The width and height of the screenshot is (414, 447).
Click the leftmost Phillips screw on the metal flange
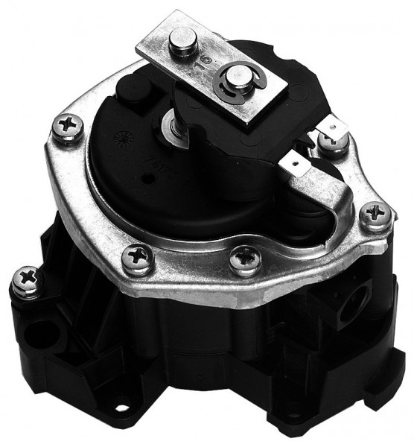click(66, 127)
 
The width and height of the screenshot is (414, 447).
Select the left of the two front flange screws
click(138, 258)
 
